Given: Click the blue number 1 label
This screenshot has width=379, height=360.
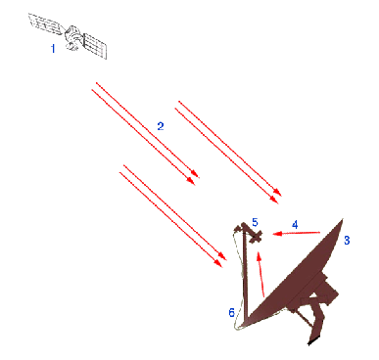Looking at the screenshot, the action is coord(53,49).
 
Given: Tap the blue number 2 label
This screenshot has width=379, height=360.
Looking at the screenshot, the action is coord(161,126).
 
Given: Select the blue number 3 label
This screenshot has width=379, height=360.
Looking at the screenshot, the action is coord(347,241).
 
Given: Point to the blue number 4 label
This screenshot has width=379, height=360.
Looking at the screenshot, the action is coord(295,225).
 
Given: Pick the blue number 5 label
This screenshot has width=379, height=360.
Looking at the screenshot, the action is coord(255,222).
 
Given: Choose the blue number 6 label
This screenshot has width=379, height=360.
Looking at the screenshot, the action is coord(232,313).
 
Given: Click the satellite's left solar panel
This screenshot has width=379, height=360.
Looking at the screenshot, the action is coord(45,22).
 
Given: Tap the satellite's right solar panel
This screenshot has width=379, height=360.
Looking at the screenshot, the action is coord(95,45).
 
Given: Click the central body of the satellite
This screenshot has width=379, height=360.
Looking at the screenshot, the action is coord(72,37).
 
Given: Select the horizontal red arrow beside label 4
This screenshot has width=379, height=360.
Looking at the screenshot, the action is coord(297,233).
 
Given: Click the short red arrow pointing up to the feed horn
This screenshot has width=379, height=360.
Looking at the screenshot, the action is coord(261,275).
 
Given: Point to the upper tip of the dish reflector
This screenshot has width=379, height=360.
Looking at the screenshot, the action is coord(343,219).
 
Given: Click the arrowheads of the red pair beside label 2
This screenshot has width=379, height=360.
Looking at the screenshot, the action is coord(193,178).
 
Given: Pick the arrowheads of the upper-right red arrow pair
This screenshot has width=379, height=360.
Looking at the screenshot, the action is coord(276,197).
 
